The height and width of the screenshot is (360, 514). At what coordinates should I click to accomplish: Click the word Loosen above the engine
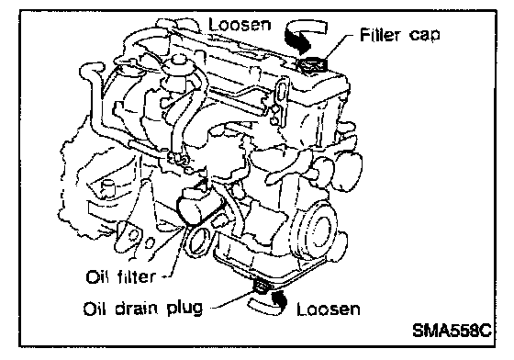pyautogui.click(x=240, y=24)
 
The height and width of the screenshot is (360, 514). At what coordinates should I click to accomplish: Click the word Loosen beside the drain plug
pyautogui.click(x=329, y=309)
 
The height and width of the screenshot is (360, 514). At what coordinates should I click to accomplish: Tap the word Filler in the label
pyautogui.click(x=381, y=34)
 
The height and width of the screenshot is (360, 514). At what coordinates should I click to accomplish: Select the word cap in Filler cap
pyautogui.click(x=424, y=36)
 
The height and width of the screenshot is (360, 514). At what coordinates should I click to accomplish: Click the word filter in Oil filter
pyautogui.click(x=136, y=276)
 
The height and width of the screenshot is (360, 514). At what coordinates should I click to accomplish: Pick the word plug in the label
pyautogui.click(x=184, y=309)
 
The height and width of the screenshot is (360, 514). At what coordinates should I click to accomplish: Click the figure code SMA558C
pyautogui.click(x=452, y=331)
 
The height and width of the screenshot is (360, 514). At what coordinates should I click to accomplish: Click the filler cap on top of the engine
pyautogui.click(x=312, y=64)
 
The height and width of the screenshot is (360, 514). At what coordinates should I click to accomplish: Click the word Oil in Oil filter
pyautogui.click(x=96, y=277)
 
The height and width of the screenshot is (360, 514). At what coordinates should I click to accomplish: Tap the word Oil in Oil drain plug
pyautogui.click(x=95, y=309)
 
